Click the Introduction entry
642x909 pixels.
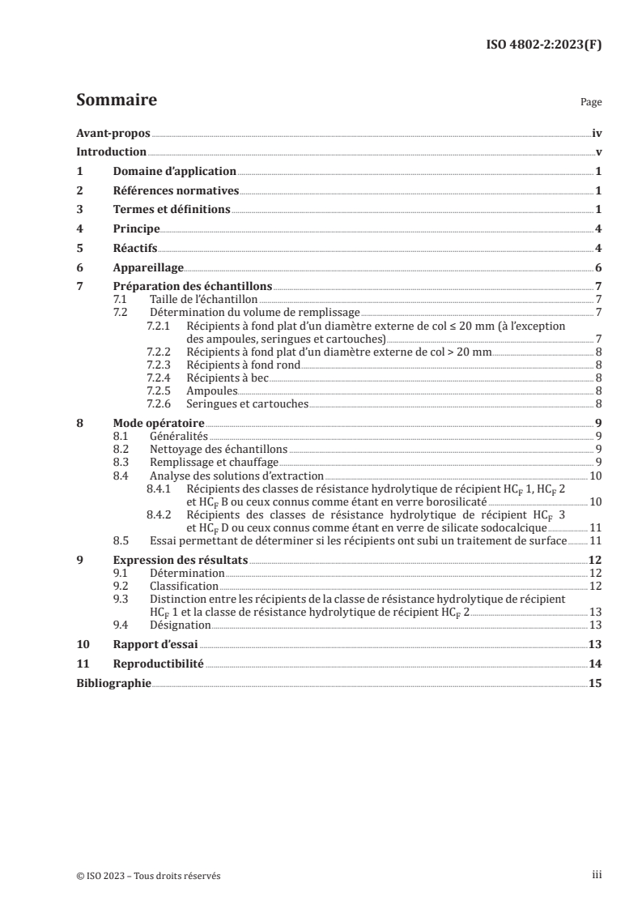pos(111,152)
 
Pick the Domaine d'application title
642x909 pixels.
pos(174,172)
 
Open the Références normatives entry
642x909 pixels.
pos(176,191)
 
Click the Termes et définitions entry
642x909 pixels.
pos(172,210)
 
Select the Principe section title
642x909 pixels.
pos(136,229)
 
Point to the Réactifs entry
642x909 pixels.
pos(134,248)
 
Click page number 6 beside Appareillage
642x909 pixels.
pos(598,267)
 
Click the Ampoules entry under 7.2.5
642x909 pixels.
pos(212,390)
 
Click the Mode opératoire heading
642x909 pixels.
pos(158,423)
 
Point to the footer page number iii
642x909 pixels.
pos(597,875)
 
